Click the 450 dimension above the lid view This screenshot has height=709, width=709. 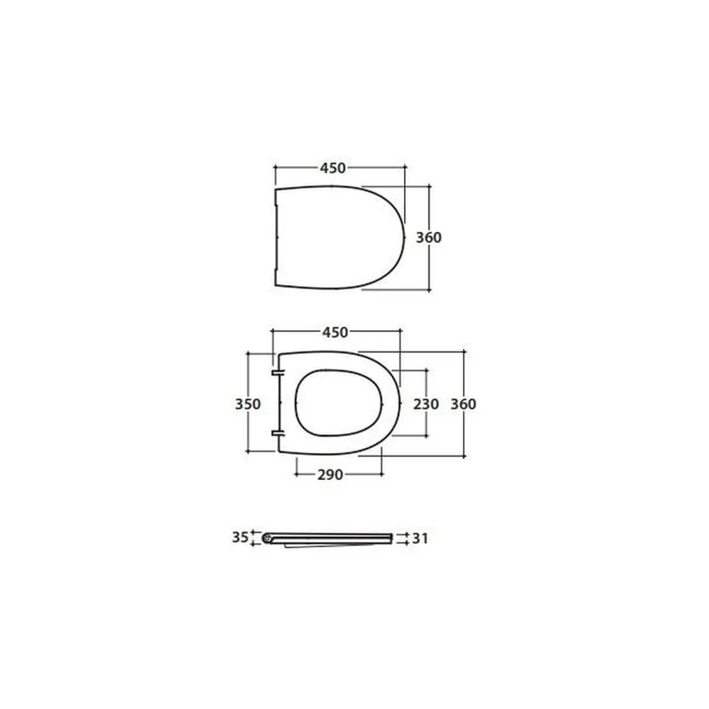click(333, 168)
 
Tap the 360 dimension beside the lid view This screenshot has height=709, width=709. click(429, 238)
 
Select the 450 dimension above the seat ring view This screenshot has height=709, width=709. click(335, 333)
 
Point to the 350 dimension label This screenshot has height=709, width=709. click(247, 404)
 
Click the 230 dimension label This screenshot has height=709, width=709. click(426, 404)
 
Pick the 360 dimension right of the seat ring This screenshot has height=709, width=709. click(464, 404)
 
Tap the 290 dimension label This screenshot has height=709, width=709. click(330, 475)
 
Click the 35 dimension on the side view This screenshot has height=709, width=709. click(240, 537)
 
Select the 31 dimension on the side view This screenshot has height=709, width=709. click(420, 538)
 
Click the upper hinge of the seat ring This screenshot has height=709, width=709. click(278, 373)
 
